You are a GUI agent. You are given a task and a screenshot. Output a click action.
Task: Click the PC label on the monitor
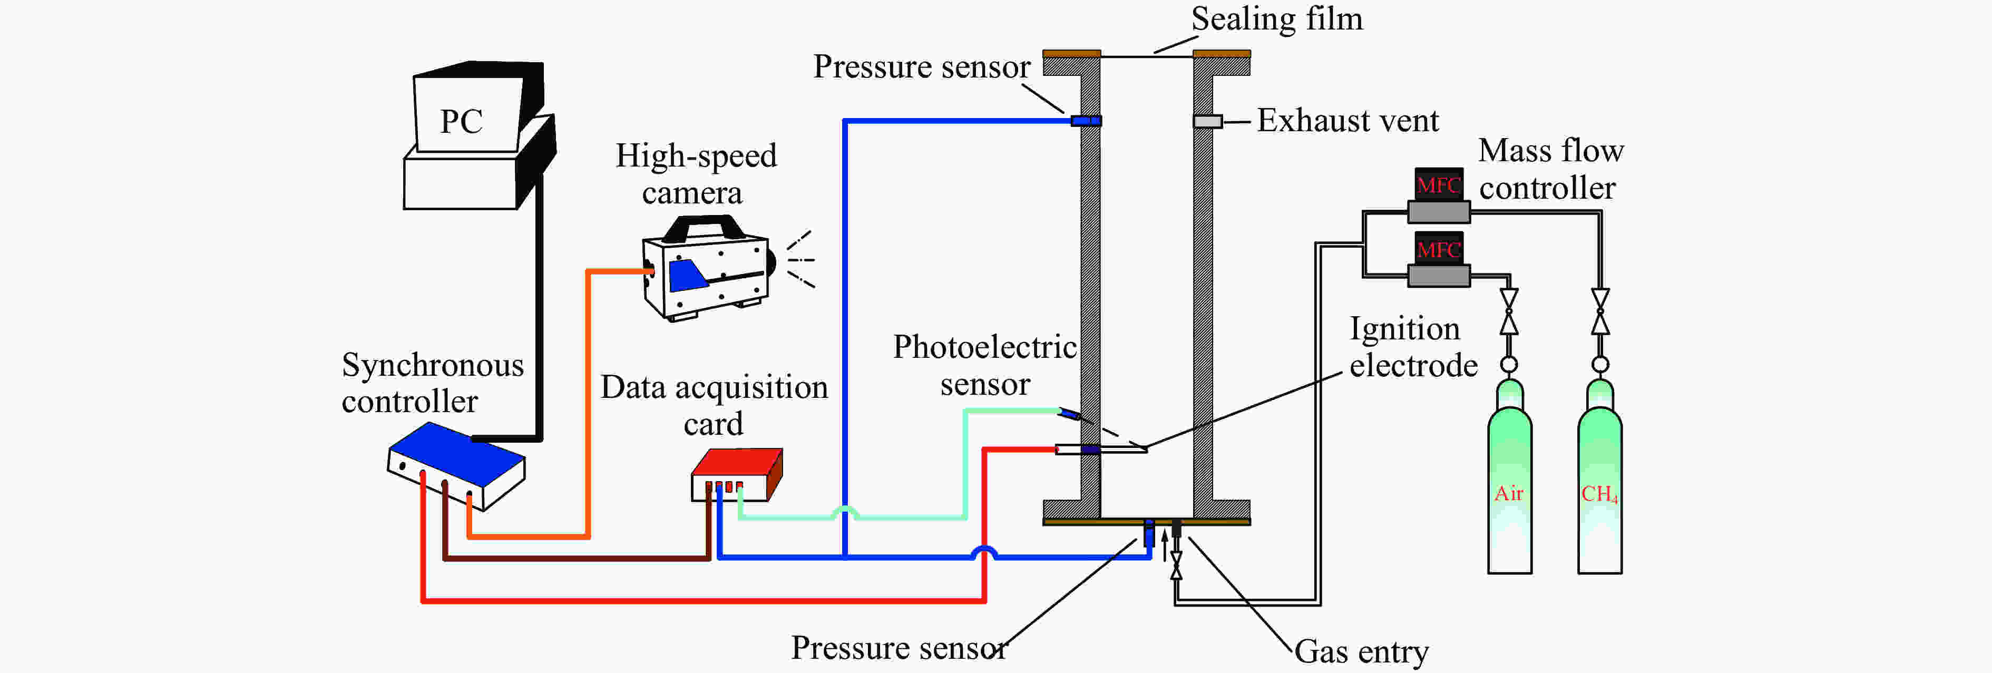[462, 121]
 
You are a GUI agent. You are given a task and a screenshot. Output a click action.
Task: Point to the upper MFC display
[1438, 185]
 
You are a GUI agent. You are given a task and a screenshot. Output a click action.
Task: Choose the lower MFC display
[1438, 249]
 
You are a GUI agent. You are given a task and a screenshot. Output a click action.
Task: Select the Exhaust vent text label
[1347, 121]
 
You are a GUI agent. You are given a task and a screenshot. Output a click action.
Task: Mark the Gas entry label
[1361, 651]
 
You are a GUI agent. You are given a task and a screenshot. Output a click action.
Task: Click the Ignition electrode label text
[1411, 347]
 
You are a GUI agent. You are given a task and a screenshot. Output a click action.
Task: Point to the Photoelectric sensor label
[984, 365]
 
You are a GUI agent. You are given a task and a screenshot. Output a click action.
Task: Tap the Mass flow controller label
[1550, 169]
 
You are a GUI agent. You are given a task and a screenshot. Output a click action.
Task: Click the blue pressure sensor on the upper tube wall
[1086, 121]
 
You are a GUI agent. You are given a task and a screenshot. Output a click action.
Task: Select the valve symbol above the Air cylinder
[1509, 311]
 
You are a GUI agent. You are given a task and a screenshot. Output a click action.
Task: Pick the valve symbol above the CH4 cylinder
[1600, 311]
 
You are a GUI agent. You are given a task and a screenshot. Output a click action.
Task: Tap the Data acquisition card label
[714, 405]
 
